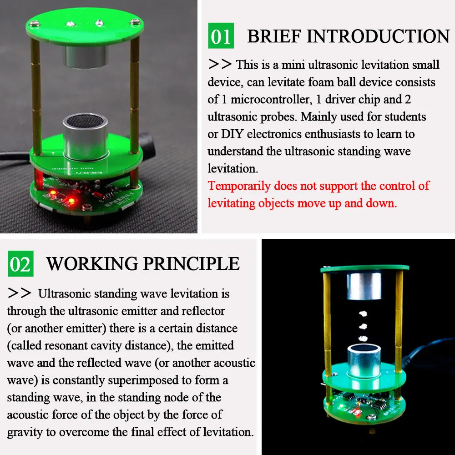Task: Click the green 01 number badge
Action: (x=221, y=36)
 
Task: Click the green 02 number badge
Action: (x=20, y=263)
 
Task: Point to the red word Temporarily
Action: (x=240, y=186)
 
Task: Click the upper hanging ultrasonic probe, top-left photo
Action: (x=85, y=55)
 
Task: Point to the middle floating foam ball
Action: (x=364, y=326)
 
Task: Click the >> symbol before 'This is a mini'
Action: (x=220, y=65)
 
